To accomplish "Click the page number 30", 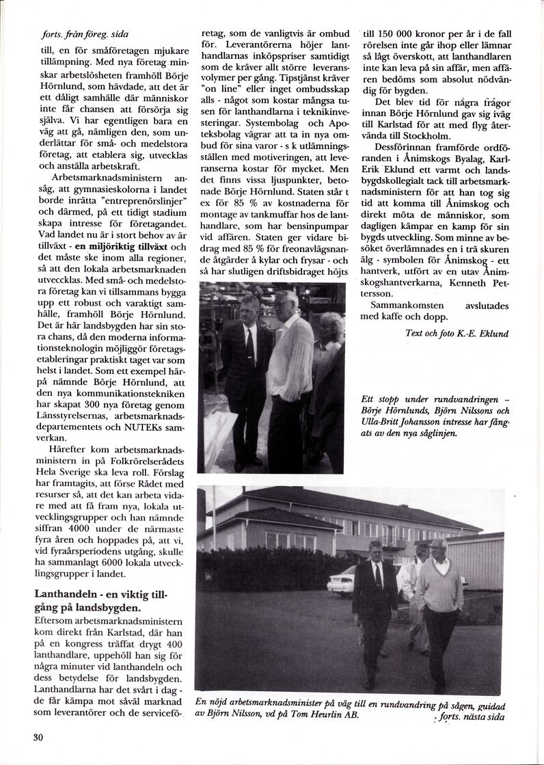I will pos(38,738).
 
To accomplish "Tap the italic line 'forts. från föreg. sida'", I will pos(80,34).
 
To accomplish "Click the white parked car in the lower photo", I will pos(342,581).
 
